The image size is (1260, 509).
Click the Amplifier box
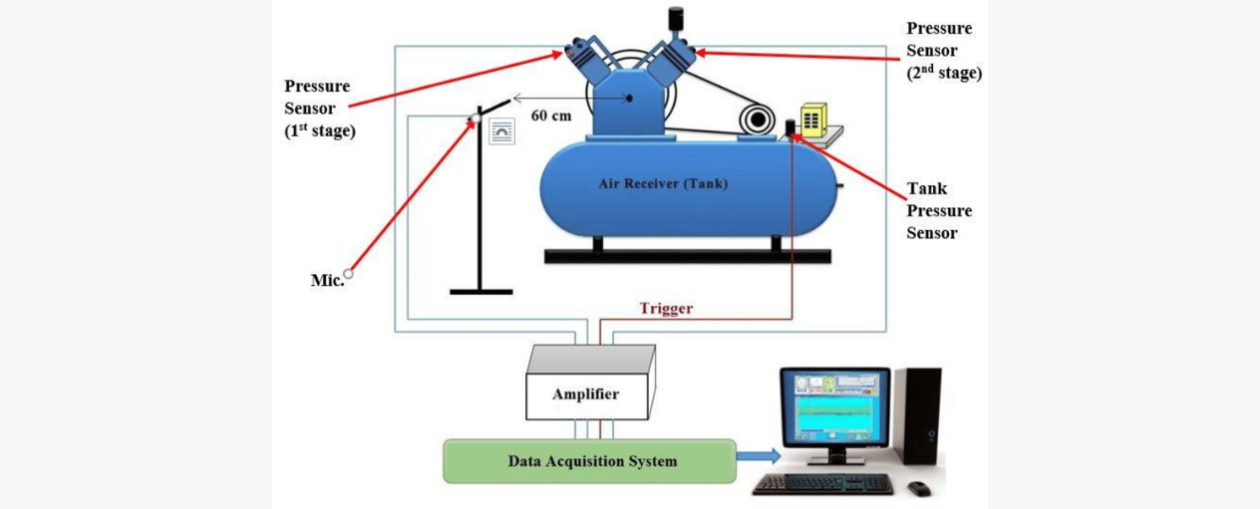587,393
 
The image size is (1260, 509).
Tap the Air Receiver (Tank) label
663,183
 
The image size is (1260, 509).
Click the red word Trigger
666,309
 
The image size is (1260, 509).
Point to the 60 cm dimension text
550,116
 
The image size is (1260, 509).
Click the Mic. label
327,280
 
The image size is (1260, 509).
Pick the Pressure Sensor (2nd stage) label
943,50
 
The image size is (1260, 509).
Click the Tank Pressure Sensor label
938,210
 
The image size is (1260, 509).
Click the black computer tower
916,415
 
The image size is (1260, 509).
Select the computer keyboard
822,484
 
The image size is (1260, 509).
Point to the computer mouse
918,488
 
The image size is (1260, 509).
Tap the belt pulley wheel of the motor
757,121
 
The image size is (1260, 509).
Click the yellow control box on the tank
813,120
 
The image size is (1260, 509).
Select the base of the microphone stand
481,291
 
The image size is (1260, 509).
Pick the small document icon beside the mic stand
502,131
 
